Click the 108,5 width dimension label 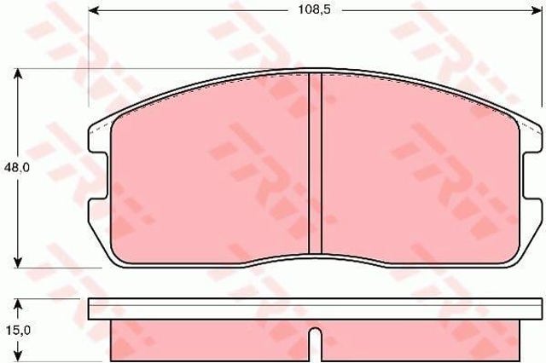click(x=314, y=9)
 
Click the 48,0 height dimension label click(x=17, y=168)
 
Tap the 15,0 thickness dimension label click(x=17, y=331)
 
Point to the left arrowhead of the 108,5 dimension click(x=94, y=11)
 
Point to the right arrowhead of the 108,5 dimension click(x=537, y=11)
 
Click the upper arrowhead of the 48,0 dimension click(x=18, y=74)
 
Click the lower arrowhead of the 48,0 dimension click(x=18, y=262)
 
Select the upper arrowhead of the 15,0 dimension click(x=18, y=304)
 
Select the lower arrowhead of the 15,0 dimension click(x=18, y=356)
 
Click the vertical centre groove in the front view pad click(x=316, y=164)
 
